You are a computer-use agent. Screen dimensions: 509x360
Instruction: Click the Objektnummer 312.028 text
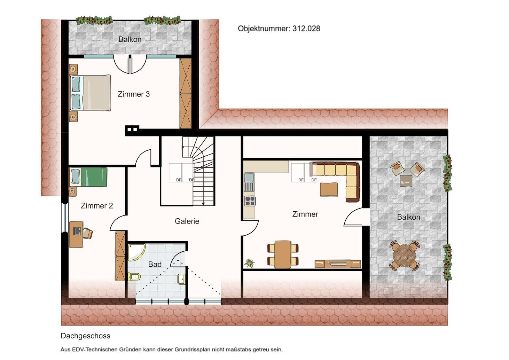point(279,29)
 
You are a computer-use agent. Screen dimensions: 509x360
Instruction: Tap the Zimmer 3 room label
point(134,94)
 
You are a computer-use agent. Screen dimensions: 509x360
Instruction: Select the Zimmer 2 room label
point(97,206)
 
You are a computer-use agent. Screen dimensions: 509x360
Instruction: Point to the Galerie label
point(187,221)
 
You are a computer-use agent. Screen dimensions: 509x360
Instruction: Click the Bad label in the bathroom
point(155,264)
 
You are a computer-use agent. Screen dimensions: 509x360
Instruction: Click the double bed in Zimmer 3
point(90,93)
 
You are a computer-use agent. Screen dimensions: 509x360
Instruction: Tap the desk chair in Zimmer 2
point(88,233)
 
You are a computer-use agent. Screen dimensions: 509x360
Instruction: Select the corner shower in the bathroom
point(136,252)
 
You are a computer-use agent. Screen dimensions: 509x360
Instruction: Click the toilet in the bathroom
point(134,276)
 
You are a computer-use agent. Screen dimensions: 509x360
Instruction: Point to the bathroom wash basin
point(181,279)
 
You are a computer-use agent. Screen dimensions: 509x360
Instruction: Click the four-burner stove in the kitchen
point(250,201)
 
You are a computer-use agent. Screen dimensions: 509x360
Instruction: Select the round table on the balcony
point(405,256)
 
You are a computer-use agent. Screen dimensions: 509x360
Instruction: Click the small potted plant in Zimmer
point(249,263)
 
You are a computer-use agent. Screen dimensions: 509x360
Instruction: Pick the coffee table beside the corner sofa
point(329,189)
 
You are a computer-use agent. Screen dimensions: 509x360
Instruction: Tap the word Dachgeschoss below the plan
point(85,336)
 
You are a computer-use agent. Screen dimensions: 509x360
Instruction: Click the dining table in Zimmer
point(283,255)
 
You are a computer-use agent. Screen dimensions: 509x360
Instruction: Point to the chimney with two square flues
point(132,131)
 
